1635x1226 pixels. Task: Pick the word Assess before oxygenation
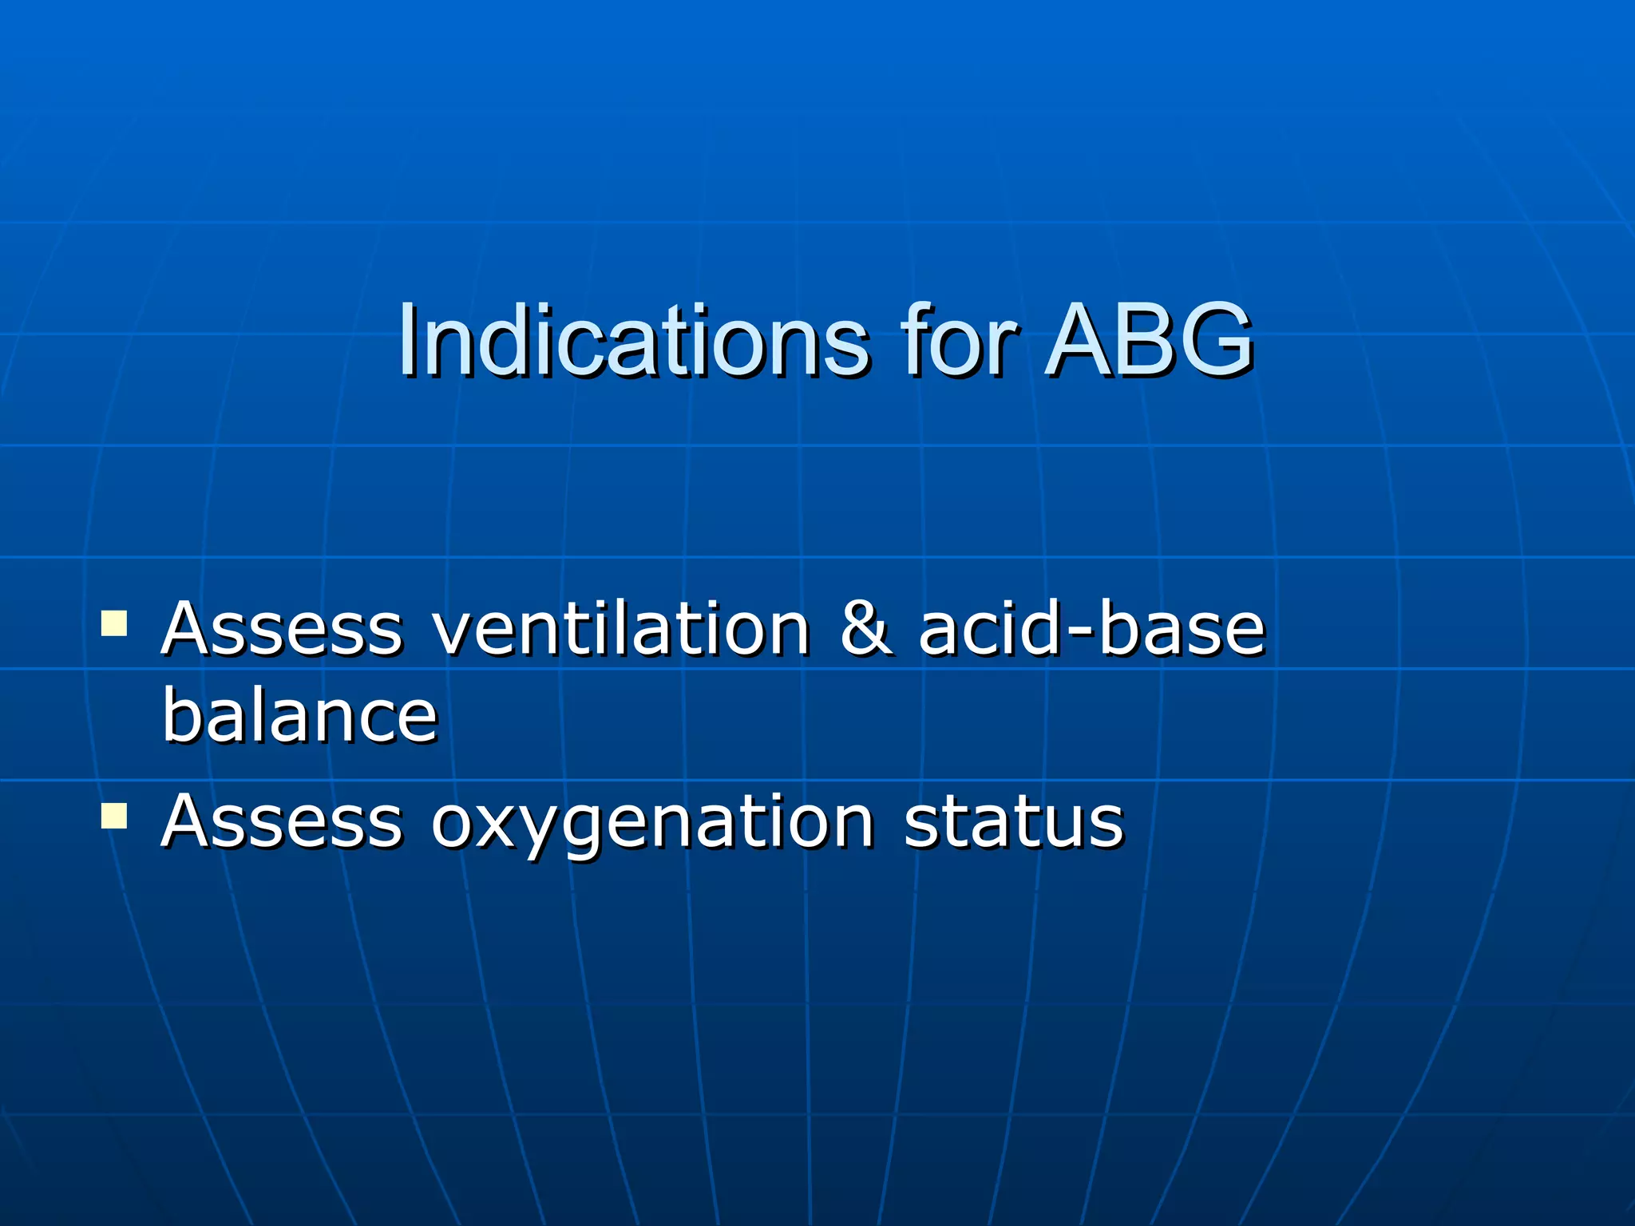[281, 821]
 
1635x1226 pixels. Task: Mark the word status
[1013, 821]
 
